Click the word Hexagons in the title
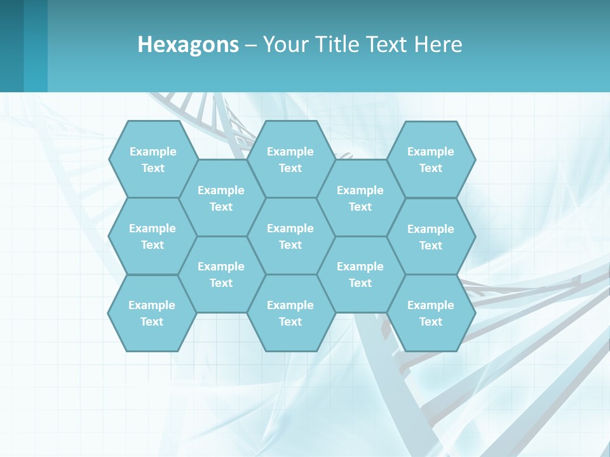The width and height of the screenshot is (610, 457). pos(188,44)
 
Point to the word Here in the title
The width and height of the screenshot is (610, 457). pos(438,44)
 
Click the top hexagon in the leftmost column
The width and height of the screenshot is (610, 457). pos(152,159)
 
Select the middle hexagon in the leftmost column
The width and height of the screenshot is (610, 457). pos(152,236)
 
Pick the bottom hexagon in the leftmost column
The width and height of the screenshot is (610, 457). pos(152,313)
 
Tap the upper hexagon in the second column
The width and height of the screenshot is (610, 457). pos(221,198)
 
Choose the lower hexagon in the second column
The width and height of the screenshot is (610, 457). pos(221,274)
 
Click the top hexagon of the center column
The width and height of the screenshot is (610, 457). pos(290,159)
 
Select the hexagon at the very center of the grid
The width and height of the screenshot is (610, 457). pos(290,236)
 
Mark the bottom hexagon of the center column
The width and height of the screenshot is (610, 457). pos(290,313)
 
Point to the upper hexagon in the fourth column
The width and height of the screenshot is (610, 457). pos(360,198)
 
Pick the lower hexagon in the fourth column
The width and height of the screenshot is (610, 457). pos(360,274)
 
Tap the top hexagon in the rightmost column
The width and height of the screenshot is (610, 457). pos(431,159)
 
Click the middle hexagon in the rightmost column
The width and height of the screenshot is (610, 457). pos(431,237)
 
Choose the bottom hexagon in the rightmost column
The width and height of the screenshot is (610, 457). pos(431,313)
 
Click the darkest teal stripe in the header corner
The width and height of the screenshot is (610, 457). pos(11,46)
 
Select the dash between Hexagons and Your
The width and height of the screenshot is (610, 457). pos(251,46)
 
